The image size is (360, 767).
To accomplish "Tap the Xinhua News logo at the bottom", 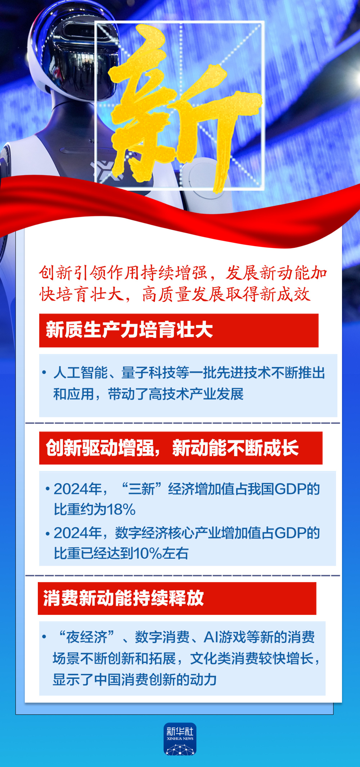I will click(x=180, y=739).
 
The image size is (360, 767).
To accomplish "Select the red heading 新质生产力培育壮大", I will click(x=129, y=330).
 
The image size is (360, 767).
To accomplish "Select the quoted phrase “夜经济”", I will click(x=86, y=637).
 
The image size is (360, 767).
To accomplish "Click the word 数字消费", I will click(x=162, y=637).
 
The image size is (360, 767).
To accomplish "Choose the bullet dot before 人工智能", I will click(x=44, y=372).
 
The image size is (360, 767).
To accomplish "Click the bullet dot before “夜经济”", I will click(x=44, y=637).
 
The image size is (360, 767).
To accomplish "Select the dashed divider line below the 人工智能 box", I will click(x=183, y=423).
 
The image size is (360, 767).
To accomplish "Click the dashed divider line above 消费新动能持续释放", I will click(x=183, y=576).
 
